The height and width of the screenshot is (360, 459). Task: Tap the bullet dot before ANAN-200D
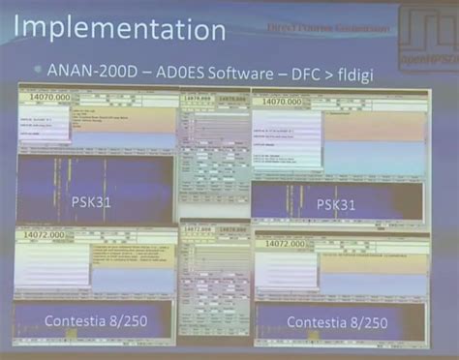coord(38,70)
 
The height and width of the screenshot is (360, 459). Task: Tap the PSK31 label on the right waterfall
coord(335,205)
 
